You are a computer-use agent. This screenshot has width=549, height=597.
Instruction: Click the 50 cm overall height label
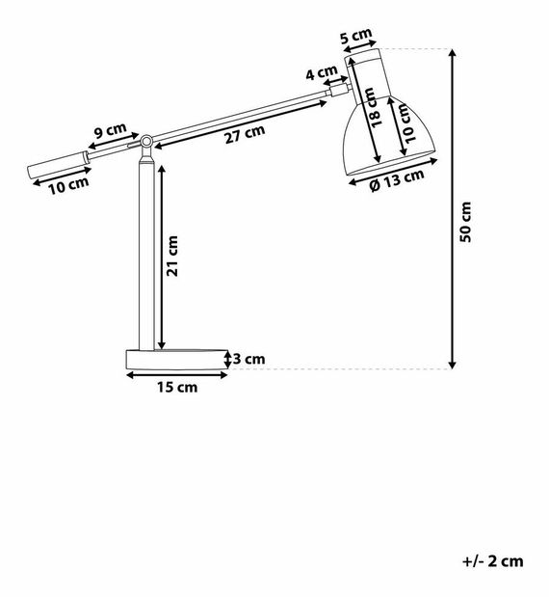pos(465,222)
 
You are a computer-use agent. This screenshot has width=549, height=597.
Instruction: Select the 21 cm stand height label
pos(174,256)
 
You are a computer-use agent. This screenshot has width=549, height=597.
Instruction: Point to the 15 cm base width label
pos(176,387)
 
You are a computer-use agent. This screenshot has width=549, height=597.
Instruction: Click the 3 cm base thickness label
pos(248,359)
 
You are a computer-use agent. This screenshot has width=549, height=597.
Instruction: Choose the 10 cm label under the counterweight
pos(69,184)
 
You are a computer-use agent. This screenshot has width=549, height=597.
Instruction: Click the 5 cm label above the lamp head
pos(356,37)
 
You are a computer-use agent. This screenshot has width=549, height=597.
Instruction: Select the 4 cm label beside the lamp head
pos(321,72)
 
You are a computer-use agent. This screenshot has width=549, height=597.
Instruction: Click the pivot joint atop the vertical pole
pos(145,142)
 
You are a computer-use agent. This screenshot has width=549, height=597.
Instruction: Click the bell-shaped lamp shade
pos(385,140)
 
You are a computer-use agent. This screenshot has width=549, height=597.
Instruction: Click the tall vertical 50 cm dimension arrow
pos(453,208)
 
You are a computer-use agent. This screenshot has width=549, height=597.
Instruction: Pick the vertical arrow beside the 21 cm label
pos(161,256)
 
